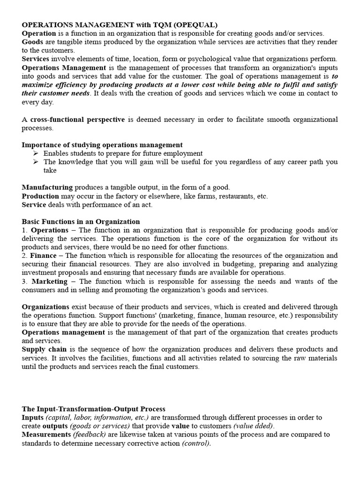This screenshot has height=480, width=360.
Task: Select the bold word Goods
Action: [x=32, y=42]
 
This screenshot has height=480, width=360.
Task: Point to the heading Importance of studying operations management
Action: [x=102, y=145]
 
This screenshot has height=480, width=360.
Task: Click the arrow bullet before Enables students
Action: [x=37, y=153]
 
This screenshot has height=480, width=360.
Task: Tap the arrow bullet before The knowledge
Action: [x=37, y=162]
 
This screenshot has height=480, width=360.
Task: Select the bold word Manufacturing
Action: [x=47, y=187]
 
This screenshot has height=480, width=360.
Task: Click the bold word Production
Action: [x=40, y=196]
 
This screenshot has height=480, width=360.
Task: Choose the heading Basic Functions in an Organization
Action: [x=81, y=221]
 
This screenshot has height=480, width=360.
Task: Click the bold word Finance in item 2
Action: [x=43, y=255]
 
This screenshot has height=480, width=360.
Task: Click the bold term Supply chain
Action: [x=44, y=350]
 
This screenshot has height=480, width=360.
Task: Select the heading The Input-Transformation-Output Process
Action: [x=93, y=409]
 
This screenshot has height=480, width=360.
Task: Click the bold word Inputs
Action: [x=33, y=418]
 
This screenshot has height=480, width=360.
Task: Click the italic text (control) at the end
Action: [x=196, y=443]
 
